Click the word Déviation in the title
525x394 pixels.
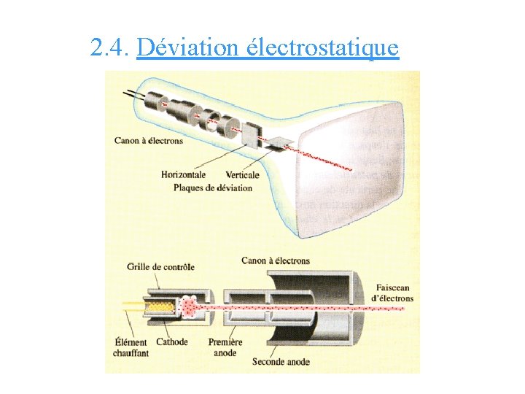pos(188,48)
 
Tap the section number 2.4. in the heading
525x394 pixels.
pos(110,48)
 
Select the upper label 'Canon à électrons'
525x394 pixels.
pos(149,141)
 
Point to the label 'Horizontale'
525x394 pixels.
pos(183,175)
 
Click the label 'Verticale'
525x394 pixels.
pos(242,175)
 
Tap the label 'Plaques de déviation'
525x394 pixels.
pos(213,188)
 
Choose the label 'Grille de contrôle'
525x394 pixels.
pos(160,266)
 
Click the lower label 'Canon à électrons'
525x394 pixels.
pos(276,260)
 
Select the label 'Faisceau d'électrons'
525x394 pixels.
pos(393,293)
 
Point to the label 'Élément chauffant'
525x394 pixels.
pos(131,347)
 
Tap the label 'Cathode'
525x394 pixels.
pos(172,341)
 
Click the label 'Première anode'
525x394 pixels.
pos(226,347)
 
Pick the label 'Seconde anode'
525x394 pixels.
pos(281,361)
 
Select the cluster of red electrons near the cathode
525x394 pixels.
pos(192,306)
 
